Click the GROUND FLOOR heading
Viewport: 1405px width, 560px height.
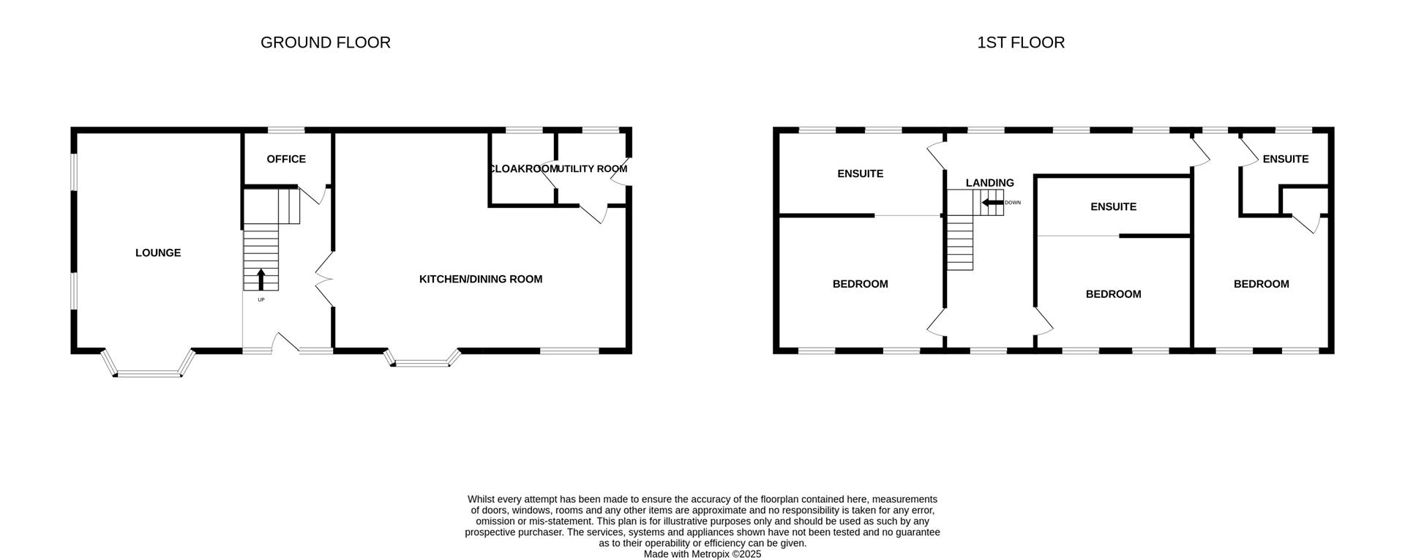[325, 42]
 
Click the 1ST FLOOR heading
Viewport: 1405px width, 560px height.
[1020, 42]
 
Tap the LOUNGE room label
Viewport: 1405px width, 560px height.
[158, 253]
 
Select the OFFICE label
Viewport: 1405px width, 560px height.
[286, 159]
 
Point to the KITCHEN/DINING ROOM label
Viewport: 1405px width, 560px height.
[480, 279]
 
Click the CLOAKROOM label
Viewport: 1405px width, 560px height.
[522, 169]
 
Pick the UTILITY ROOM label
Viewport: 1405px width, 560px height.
[591, 169]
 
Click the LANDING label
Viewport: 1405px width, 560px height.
[989, 183]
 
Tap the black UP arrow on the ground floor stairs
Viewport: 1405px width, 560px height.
[261, 279]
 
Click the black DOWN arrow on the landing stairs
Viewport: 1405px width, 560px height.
[992, 203]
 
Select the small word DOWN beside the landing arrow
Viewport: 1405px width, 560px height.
[1013, 203]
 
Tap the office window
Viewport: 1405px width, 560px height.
[286, 131]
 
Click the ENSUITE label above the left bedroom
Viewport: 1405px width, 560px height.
[860, 173]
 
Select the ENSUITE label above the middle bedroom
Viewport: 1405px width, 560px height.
[1113, 206]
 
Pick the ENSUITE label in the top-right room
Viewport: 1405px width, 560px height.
[1285, 159]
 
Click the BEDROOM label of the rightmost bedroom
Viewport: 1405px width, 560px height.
[1261, 284]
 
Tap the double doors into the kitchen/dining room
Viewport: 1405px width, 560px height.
[323, 279]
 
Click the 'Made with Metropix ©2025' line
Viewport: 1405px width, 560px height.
[702, 554]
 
